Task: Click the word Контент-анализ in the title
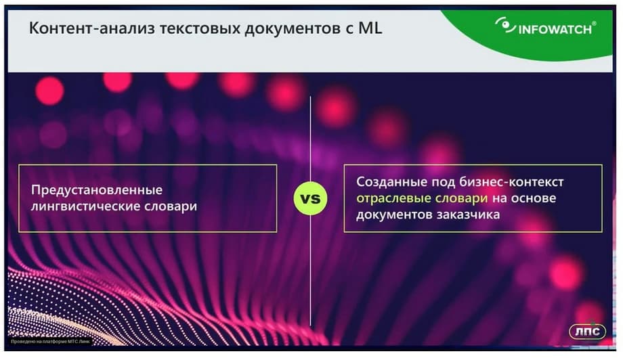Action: click(91, 28)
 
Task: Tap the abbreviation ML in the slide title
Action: click(370, 28)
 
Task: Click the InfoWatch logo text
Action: click(555, 29)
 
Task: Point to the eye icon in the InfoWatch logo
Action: click(505, 25)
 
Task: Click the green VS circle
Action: click(310, 198)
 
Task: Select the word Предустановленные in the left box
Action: click(97, 189)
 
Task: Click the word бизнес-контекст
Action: click(511, 182)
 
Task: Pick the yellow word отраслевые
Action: click(393, 198)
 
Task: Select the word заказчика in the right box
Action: click(468, 215)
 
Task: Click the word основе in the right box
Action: click(533, 198)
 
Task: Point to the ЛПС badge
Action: click(587, 331)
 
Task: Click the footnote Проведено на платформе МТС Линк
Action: click(50, 341)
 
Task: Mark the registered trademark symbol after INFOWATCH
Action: click(594, 24)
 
